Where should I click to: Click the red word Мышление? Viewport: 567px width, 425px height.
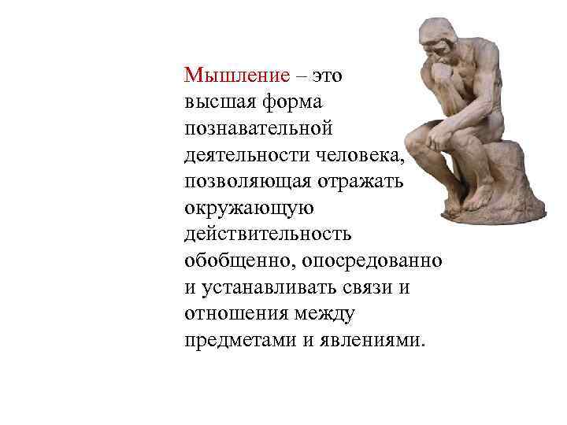(237, 76)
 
